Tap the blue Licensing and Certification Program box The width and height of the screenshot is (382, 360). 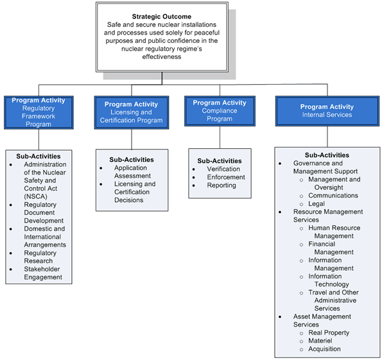132,112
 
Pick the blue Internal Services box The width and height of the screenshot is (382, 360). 327,110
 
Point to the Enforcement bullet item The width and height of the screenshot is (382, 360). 226,177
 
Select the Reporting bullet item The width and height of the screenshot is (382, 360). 221,185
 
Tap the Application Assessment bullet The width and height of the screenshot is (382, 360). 132,171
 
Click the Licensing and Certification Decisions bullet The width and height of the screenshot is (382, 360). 135,192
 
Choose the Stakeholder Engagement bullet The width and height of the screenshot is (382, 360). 43,273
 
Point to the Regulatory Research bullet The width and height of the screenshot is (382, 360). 40,257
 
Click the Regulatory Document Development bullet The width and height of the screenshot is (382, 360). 44,212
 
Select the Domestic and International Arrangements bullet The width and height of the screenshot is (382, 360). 45,236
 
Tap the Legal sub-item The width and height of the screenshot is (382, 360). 317,203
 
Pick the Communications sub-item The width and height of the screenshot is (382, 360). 333,195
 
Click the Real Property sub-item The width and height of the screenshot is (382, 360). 329,332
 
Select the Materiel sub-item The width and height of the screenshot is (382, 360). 320,341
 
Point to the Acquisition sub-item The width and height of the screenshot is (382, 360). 324,349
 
